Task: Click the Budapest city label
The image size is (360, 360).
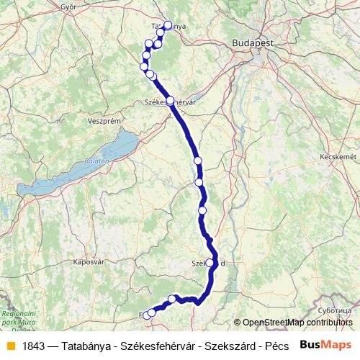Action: pyautogui.click(x=253, y=44)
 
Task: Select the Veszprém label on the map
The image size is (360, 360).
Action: pyautogui.click(x=102, y=122)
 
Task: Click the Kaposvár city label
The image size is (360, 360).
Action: pyautogui.click(x=89, y=263)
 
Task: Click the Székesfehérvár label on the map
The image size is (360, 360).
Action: pyautogui.click(x=171, y=103)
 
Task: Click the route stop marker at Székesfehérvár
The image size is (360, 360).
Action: pyautogui.click(x=170, y=101)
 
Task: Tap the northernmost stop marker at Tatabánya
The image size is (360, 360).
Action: pyautogui.click(x=168, y=25)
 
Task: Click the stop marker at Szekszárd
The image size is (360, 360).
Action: pyautogui.click(x=210, y=263)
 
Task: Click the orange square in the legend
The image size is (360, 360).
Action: pyautogui.click(x=10, y=345)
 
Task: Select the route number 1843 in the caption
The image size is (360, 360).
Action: pyautogui.click(x=35, y=345)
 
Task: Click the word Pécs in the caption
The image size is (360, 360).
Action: pyautogui.click(x=277, y=345)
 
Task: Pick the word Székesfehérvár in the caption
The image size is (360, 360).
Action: pyautogui.click(x=157, y=345)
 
